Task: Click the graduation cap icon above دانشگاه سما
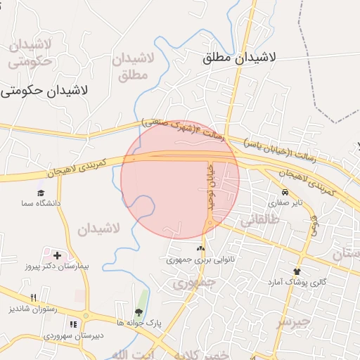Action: click(x=41, y=192)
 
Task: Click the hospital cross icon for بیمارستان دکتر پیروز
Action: click(x=57, y=255)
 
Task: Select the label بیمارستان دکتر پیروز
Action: click(x=56, y=267)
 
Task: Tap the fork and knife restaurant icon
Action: click(x=34, y=297)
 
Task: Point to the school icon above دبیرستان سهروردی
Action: click(x=73, y=324)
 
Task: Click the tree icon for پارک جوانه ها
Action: click(x=139, y=312)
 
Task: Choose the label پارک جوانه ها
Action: click(x=139, y=323)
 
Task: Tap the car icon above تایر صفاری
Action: click(x=284, y=192)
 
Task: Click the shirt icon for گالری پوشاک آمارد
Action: click(x=297, y=271)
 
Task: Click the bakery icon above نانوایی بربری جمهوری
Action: click(x=201, y=248)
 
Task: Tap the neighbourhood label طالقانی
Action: click(x=260, y=219)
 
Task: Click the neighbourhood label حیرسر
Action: click(x=292, y=323)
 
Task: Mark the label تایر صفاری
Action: click(x=284, y=202)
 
